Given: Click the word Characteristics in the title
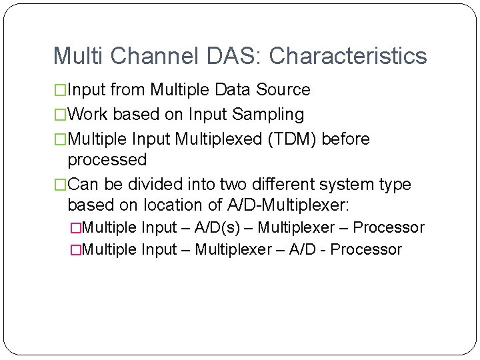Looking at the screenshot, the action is pos(348,56).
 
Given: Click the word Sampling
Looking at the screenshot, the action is pos(267,115).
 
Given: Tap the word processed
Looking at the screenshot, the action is pos(107,160).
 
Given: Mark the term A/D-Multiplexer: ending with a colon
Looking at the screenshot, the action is pos(280,205).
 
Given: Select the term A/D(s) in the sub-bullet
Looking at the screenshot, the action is pos(219,228).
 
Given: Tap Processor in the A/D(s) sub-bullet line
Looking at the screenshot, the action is pos(388,228).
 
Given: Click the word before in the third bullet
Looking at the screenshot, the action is pos(345,139).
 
